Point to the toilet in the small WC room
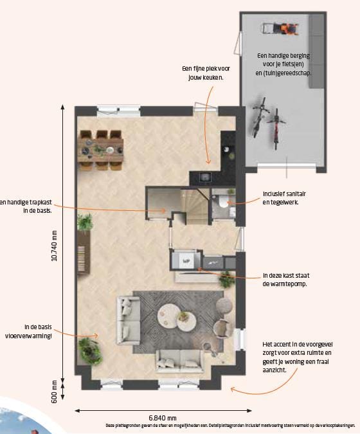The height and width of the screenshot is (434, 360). [x=222, y=203]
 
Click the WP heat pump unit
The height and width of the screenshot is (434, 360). [x=187, y=261]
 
